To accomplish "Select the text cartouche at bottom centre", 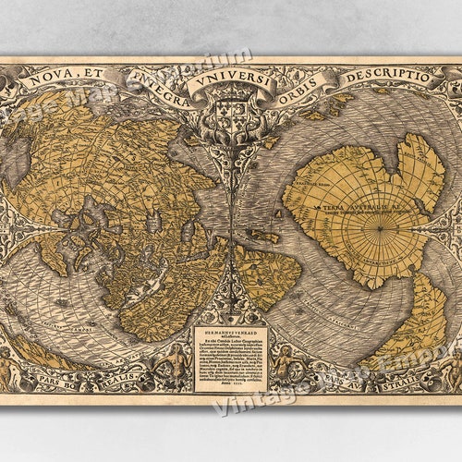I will click(x=231, y=357).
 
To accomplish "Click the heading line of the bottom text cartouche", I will click(x=231, y=330).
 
